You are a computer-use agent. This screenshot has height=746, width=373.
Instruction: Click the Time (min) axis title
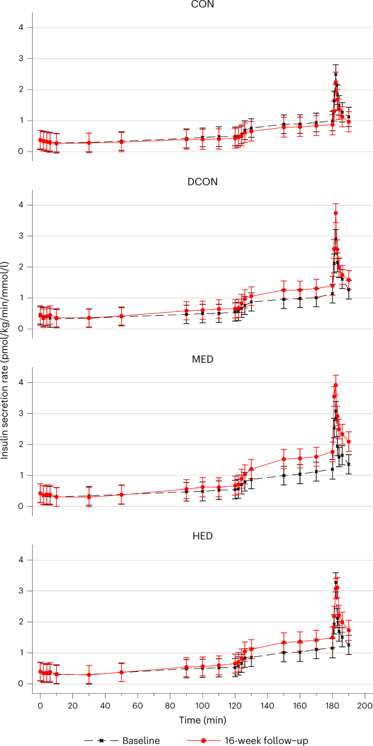point(202,720)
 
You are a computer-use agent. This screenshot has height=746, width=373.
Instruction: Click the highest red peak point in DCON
point(336,213)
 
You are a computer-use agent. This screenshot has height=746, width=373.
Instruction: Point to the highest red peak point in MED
point(336,385)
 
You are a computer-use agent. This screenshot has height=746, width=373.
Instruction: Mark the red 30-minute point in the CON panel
point(89,143)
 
